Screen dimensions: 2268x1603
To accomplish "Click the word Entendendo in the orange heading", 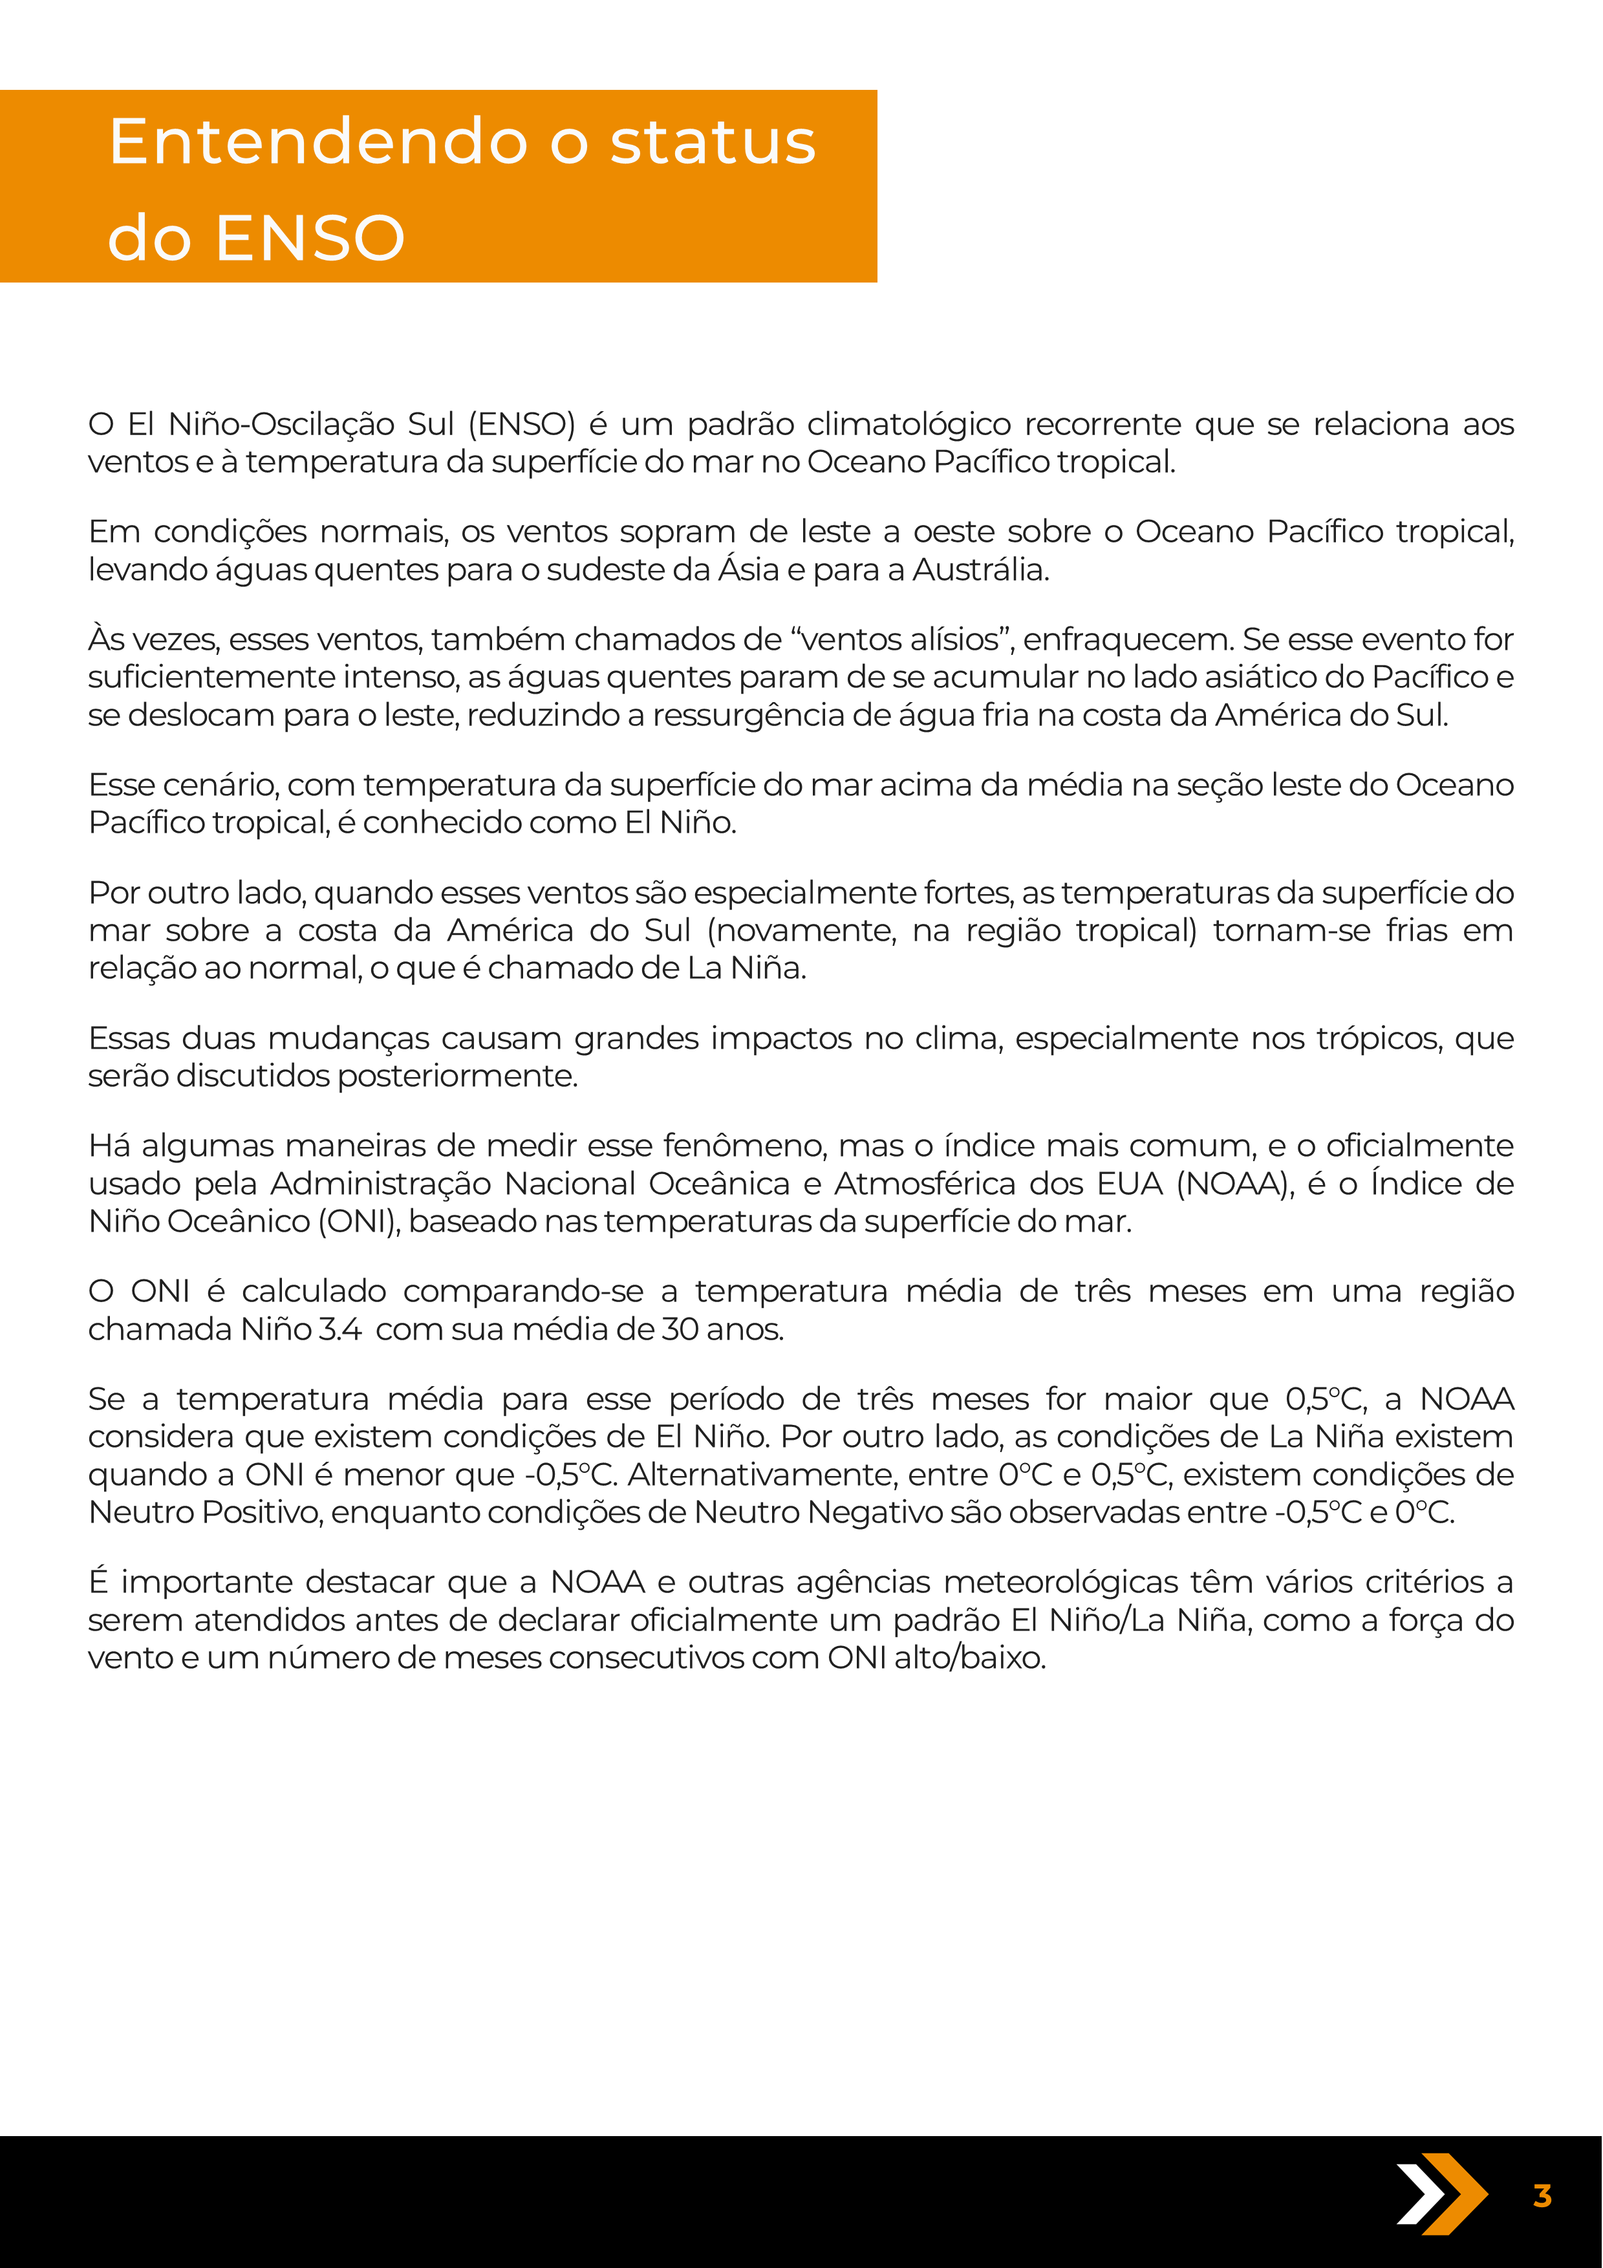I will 318,141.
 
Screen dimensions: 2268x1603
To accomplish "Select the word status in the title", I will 713,141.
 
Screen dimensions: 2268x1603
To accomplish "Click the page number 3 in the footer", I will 1542,2196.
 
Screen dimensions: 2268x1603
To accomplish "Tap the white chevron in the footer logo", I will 1418,2194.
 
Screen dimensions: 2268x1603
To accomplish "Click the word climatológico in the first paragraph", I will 909,423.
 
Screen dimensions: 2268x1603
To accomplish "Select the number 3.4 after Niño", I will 339,1330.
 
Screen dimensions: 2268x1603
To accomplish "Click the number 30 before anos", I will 680,1330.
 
